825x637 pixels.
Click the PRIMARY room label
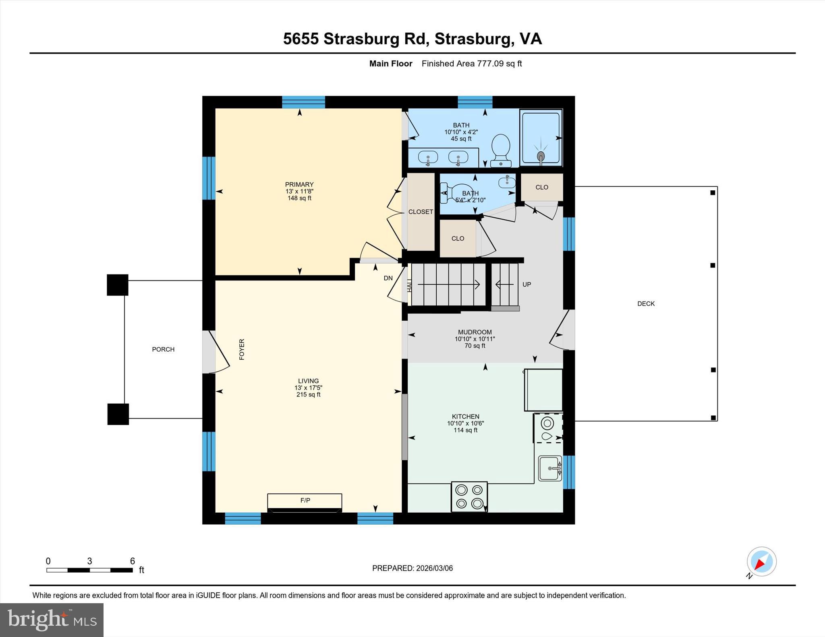point(299,185)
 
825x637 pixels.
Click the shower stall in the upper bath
point(541,138)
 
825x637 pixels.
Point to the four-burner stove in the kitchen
point(469,497)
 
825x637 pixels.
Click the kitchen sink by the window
point(550,468)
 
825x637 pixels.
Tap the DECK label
point(646,304)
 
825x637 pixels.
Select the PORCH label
point(163,349)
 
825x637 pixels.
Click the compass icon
point(761,561)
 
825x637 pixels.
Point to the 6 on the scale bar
point(132,561)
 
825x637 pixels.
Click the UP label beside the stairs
point(527,284)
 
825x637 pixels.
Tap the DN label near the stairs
point(388,278)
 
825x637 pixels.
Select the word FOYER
point(242,349)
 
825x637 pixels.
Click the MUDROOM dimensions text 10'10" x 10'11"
point(475,339)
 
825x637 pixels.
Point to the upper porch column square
point(117,285)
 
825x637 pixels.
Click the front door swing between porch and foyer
point(216,352)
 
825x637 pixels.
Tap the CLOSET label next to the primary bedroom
point(421,212)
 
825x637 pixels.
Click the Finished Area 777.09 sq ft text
point(471,64)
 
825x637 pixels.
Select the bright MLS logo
point(52,620)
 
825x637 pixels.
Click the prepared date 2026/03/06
point(434,568)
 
